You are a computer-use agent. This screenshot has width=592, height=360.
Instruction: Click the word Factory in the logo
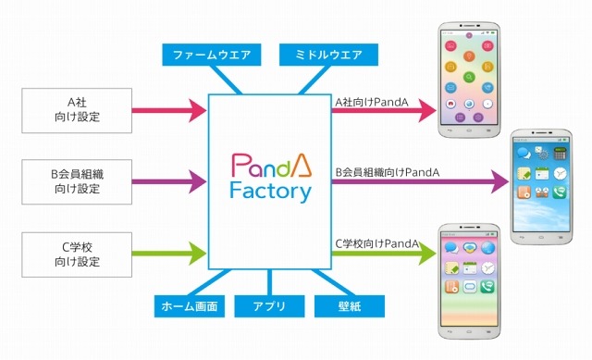pos(271,192)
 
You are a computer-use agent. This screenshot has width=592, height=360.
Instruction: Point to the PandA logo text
pos(271,165)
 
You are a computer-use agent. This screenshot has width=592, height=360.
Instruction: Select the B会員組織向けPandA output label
pos(387,171)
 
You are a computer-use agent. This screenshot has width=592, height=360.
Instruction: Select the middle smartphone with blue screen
pos(545,185)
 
